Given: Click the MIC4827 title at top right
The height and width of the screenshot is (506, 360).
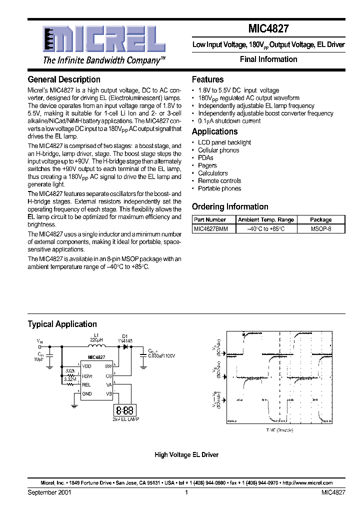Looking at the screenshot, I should pyautogui.click(x=269, y=30).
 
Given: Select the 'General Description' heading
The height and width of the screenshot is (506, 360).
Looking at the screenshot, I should pyautogui.click(x=64, y=79).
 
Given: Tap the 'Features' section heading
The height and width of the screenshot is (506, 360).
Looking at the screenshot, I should pyautogui.click(x=207, y=79).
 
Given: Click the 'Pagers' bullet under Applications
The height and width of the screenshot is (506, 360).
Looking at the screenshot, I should pyautogui.click(x=207, y=165).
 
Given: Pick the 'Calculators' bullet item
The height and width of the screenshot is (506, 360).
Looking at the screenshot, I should pyautogui.click(x=212, y=173).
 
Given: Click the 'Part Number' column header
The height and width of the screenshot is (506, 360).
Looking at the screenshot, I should pyautogui.click(x=210, y=219).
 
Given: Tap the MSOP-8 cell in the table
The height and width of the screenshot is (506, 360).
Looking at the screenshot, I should pyautogui.click(x=320, y=228).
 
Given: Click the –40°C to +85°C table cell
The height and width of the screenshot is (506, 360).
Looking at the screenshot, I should pyautogui.click(x=266, y=228).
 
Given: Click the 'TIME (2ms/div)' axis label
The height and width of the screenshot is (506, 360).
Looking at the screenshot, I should pyautogui.click(x=279, y=429).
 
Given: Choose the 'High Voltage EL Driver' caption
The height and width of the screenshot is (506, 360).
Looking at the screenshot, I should pyautogui.click(x=186, y=454).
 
